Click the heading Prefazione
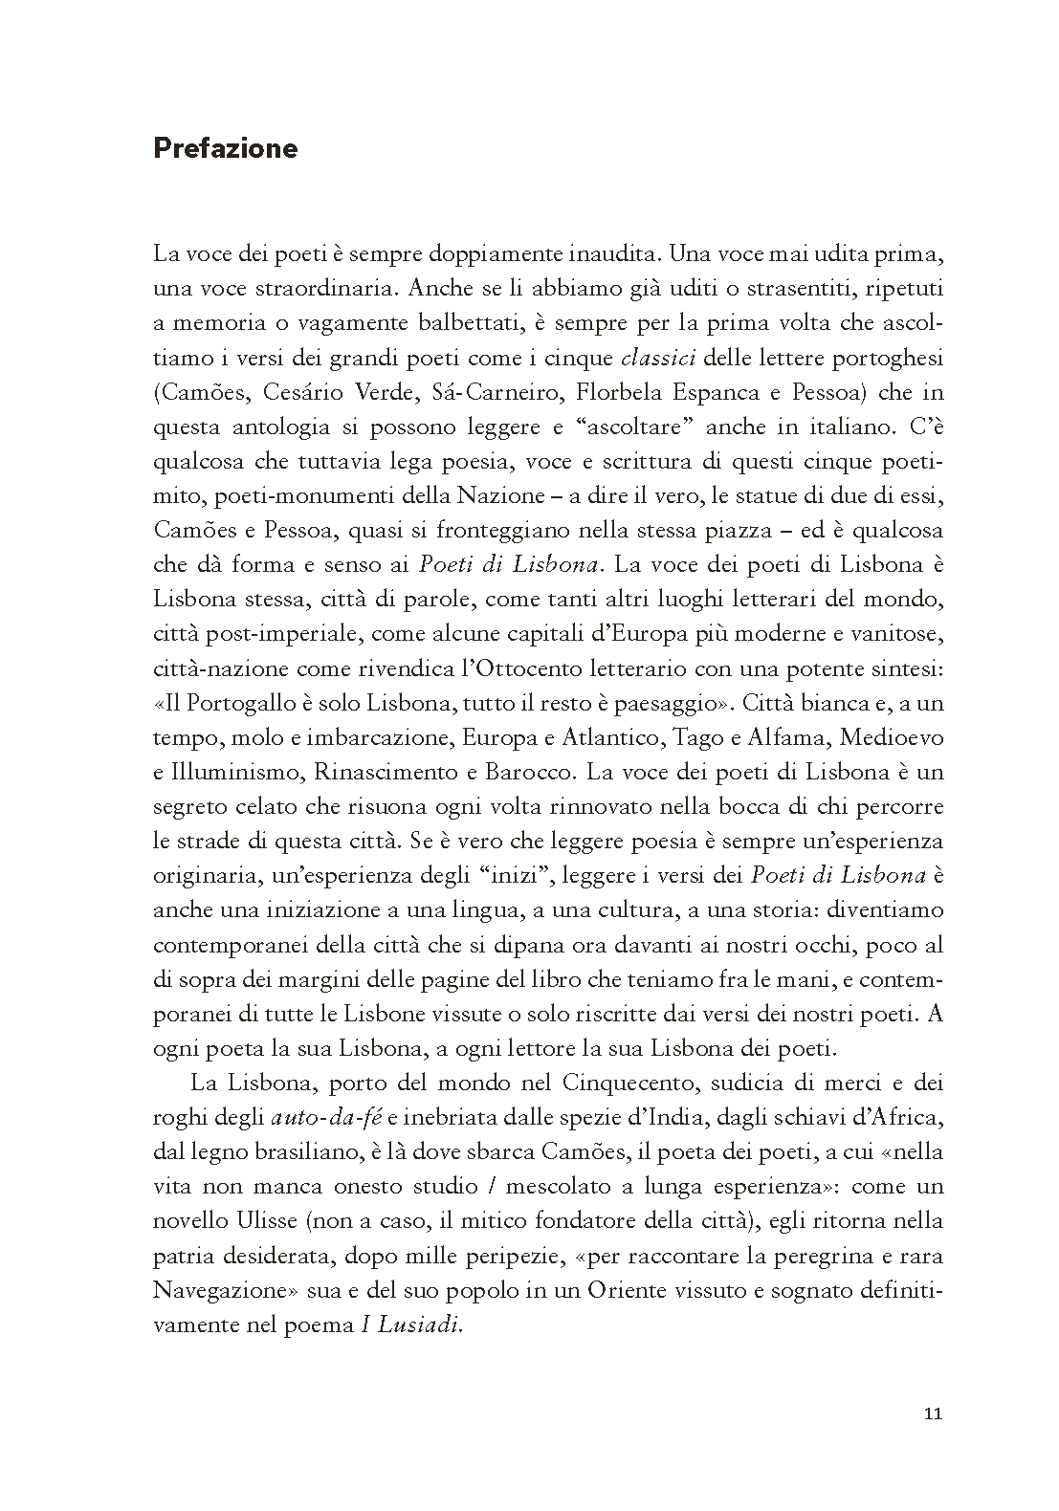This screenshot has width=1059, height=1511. point(225,149)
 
